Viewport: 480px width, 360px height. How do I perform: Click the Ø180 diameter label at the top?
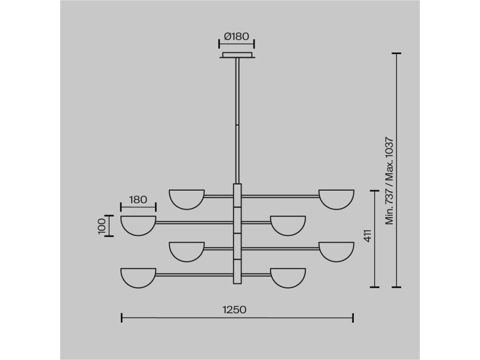click(236, 37)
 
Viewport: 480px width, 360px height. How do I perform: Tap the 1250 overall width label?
click(234, 309)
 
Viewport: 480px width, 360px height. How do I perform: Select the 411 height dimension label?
click(368, 235)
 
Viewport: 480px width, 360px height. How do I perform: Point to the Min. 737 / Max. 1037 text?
click(389, 180)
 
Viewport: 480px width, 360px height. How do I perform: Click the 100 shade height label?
click(103, 226)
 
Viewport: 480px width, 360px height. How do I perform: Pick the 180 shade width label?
click(138, 200)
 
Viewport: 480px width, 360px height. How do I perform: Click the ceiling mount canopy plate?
click(237, 55)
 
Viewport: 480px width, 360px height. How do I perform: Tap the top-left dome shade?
click(187, 199)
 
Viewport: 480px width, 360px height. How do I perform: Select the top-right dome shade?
click(337, 199)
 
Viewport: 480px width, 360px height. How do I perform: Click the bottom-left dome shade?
click(138, 277)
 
